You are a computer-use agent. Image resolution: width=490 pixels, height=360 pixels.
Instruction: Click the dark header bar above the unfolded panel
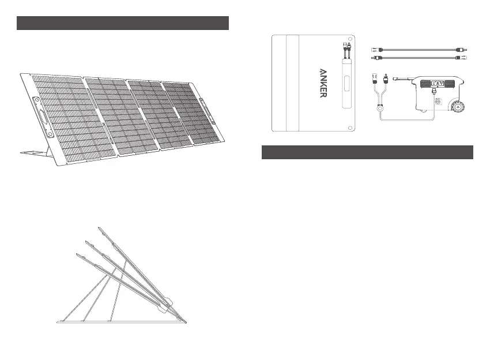tap(123, 23)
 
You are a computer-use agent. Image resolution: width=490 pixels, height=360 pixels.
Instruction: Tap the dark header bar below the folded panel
tap(367, 152)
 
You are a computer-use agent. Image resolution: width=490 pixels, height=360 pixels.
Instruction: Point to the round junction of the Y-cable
tap(385, 108)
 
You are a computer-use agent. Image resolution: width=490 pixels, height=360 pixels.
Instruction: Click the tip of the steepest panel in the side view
tap(99, 228)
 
